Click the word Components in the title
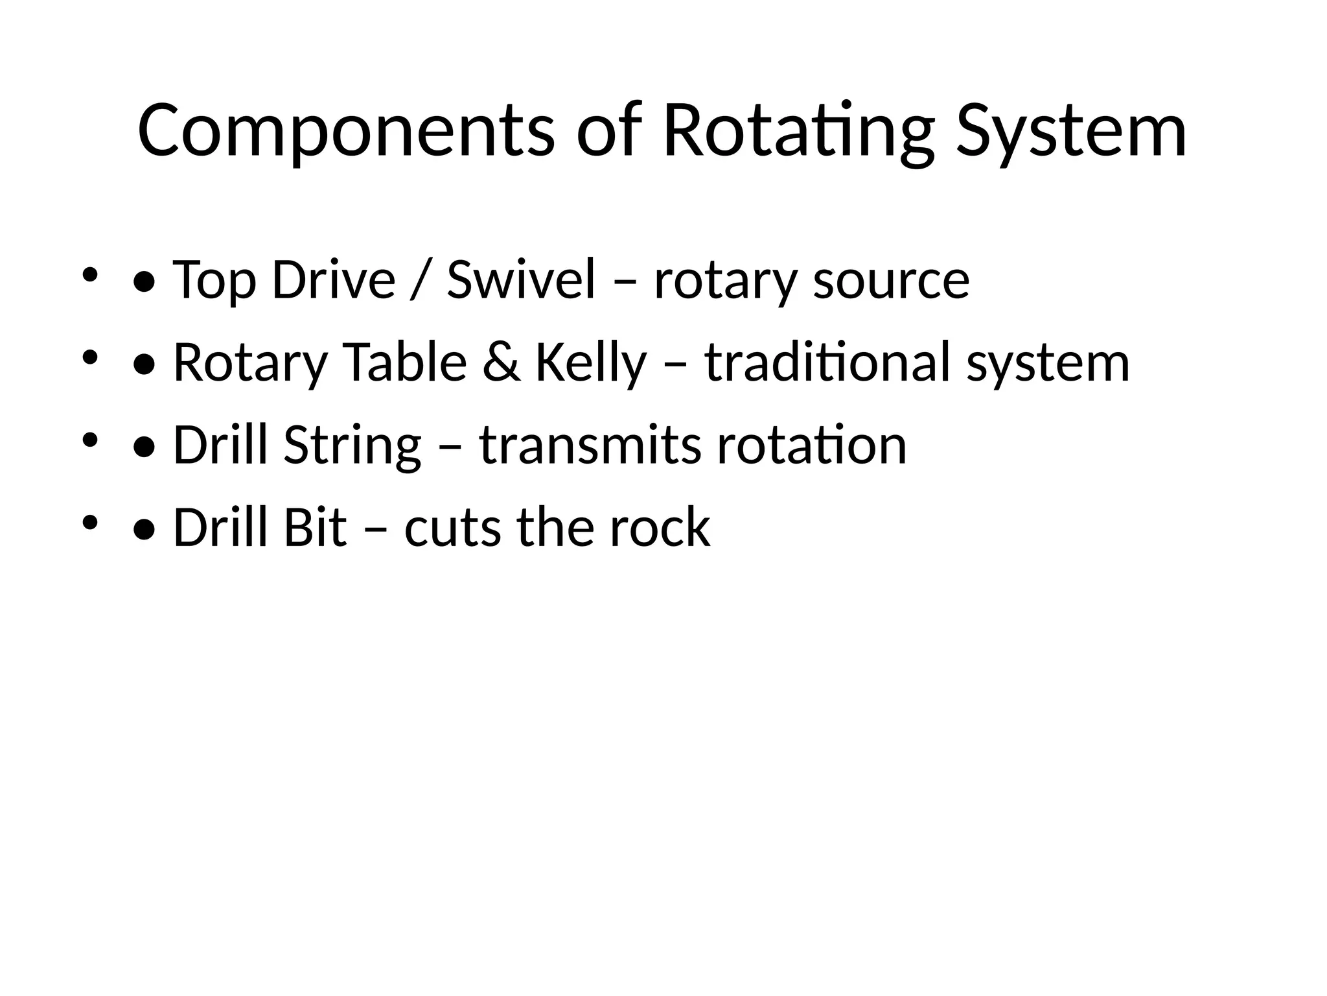[x=346, y=131]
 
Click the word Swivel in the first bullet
[x=521, y=280]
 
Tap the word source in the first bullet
[x=891, y=280]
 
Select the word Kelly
[x=591, y=362]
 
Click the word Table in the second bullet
[x=404, y=362]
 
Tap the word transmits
[x=590, y=445]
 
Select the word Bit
[x=315, y=528]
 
